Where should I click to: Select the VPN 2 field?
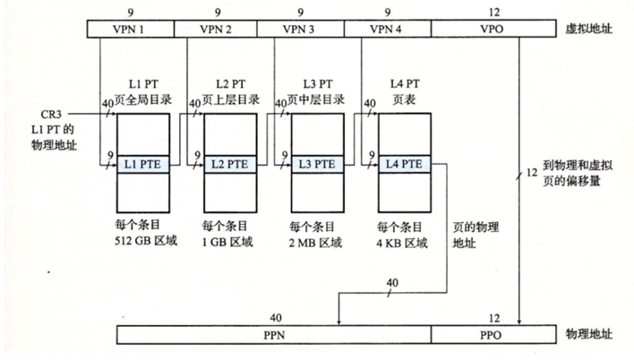click(x=215, y=30)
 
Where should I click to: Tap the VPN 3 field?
click(x=301, y=30)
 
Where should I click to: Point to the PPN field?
click(x=274, y=334)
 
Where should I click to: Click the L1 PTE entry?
click(x=143, y=165)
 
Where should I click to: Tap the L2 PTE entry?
click(x=230, y=165)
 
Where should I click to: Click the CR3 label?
click(x=53, y=114)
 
